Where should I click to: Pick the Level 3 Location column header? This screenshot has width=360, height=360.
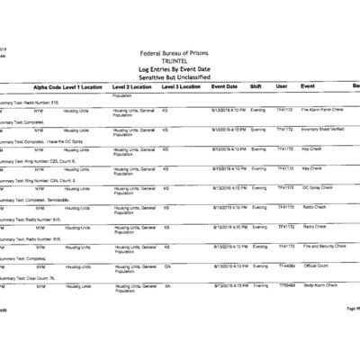(x=181, y=86)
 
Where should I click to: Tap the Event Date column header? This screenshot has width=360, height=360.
(x=224, y=86)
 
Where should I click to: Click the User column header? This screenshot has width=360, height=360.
(x=281, y=86)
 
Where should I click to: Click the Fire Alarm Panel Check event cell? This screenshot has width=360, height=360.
(x=325, y=109)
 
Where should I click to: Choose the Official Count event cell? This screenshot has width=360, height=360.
(x=316, y=265)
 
